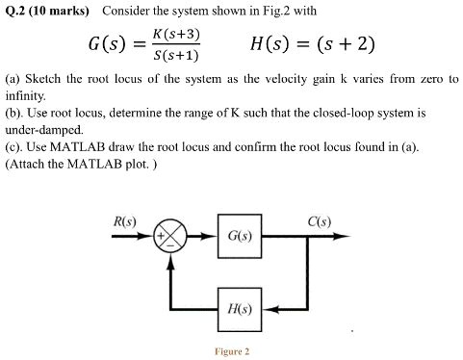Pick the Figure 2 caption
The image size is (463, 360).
coord(232,351)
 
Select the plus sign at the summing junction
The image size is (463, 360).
coord(165,235)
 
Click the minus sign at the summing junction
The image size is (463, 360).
coord(172,246)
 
